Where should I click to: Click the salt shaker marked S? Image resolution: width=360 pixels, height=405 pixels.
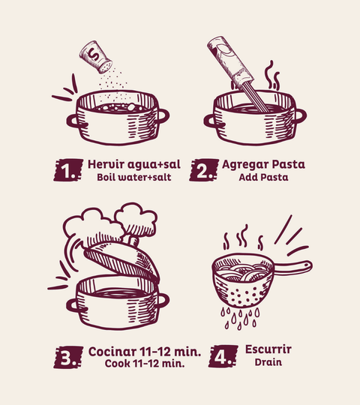(95, 57)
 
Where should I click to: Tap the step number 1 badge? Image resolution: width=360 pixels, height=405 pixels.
(68, 170)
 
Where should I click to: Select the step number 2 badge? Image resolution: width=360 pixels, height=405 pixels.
(204, 170)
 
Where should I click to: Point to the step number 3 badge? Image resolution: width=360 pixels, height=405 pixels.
(68, 357)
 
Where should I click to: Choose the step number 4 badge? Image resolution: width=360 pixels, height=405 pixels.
(223, 356)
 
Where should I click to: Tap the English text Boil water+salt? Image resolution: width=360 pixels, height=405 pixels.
(134, 178)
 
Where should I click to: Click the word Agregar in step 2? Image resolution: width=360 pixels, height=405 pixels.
(245, 165)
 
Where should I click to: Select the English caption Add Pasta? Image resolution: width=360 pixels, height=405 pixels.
(263, 178)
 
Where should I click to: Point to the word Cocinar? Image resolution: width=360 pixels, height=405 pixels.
(112, 352)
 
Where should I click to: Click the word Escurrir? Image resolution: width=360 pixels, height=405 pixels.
(268, 349)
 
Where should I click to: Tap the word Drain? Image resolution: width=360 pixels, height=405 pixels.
(268, 362)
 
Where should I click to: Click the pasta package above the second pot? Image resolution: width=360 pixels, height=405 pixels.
(230, 63)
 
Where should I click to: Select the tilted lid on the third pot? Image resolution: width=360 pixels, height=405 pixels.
(122, 261)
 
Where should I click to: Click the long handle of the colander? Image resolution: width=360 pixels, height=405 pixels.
(292, 267)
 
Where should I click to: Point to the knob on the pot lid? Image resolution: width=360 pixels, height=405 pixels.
(133, 241)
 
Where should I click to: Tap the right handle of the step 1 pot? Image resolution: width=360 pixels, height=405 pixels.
(162, 116)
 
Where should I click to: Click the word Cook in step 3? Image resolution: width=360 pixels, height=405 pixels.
(118, 364)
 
